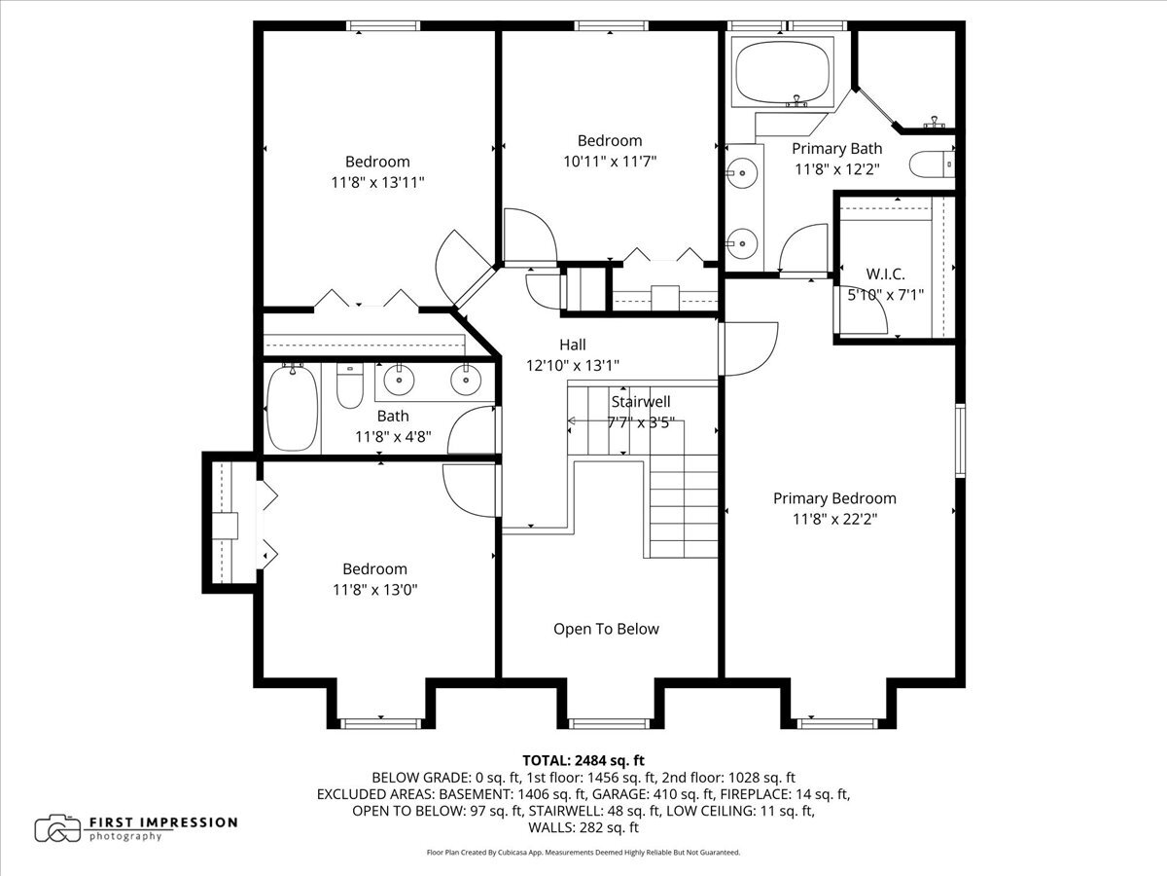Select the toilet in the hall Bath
pyautogui.click(x=349, y=385)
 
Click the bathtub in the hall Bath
pyautogui.click(x=293, y=408)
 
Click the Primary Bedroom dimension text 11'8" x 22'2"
pyautogui.click(x=835, y=519)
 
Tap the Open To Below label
pyautogui.click(x=606, y=629)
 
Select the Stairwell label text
pyautogui.click(x=641, y=401)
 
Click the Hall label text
pyautogui.click(x=573, y=345)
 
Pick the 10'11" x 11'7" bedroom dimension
pyautogui.click(x=610, y=162)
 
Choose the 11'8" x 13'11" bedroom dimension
pyautogui.click(x=377, y=182)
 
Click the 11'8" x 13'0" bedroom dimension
pyautogui.click(x=374, y=589)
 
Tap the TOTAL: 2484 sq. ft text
pyautogui.click(x=583, y=760)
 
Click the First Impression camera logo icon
pyautogui.click(x=57, y=828)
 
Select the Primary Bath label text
pyautogui.click(x=836, y=149)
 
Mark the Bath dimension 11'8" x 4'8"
pyautogui.click(x=392, y=437)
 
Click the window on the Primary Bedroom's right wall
pyautogui.click(x=960, y=441)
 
